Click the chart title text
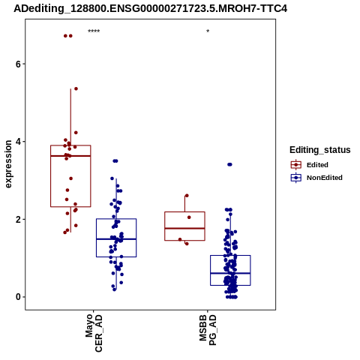click(x=151, y=8)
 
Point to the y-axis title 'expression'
click(x=8, y=164)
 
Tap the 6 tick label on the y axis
click(x=18, y=64)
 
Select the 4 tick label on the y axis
click(x=18, y=142)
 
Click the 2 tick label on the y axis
click(x=18, y=220)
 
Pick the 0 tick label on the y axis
click(x=18, y=297)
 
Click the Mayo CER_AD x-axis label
click(x=94, y=333)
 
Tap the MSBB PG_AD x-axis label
click(x=208, y=330)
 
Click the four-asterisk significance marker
click(x=94, y=31)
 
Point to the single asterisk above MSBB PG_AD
click(x=208, y=31)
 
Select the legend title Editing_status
click(x=320, y=150)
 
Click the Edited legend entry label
click(x=317, y=165)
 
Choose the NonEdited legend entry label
click(x=325, y=178)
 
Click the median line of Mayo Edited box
click(x=70, y=156)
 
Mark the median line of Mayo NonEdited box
click(x=116, y=239)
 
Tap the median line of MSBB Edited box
click(x=184, y=228)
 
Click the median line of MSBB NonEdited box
click(x=230, y=273)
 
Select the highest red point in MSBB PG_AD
click(x=187, y=196)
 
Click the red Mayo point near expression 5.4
click(x=76, y=88)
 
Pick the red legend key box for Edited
click(x=296, y=165)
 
